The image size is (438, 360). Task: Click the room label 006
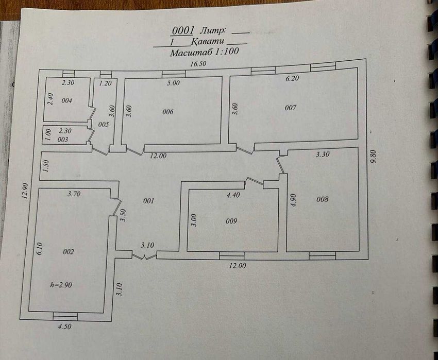pos(168,112)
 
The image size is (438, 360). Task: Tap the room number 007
pos(291,108)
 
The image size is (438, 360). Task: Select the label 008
pos(323,199)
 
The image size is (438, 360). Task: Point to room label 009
pos(231,221)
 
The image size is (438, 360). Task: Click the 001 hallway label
pos(148,201)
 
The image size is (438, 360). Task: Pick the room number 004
pos(67,100)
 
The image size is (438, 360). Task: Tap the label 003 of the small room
pos(62,140)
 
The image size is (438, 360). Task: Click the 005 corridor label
pos(104,125)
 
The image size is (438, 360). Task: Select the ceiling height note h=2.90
pos(61,285)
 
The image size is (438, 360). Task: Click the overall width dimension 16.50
pos(198,64)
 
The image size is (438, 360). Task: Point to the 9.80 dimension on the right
pos(374,157)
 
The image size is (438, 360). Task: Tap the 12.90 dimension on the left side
pos(25,191)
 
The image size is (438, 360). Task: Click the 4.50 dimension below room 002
pos(64,327)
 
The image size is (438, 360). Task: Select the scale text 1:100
pos(226,52)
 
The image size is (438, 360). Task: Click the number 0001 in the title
pos(183,31)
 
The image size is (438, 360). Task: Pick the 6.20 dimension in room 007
pos(292,78)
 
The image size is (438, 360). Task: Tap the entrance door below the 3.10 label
pos(144,256)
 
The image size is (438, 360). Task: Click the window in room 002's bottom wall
pos(65,316)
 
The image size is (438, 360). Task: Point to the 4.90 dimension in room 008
pos(293,200)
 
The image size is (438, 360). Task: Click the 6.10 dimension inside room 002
pos(39,248)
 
